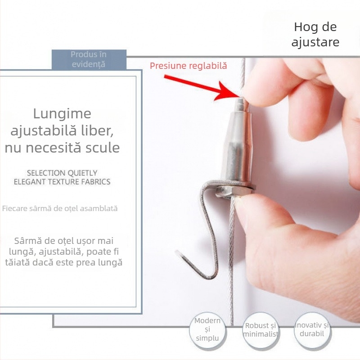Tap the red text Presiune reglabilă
[188, 66]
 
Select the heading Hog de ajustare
[315, 35]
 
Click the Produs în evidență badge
[89, 59]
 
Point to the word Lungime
[62, 114]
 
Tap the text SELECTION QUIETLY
[62, 173]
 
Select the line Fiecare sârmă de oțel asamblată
[60, 208]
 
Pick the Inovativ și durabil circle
[313, 331]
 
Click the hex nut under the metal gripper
[234, 190]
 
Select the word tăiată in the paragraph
[18, 262]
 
